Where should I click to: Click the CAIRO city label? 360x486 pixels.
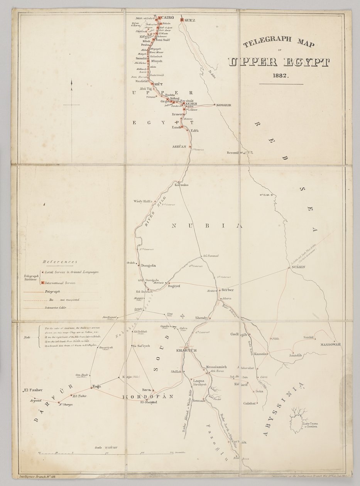tap(168, 18)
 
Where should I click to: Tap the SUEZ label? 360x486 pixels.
tap(190, 20)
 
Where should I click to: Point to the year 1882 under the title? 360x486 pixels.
tap(281, 76)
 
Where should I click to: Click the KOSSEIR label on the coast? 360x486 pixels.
tap(224, 105)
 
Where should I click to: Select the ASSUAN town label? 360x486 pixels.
tap(179, 147)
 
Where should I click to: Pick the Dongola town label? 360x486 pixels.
tap(148, 265)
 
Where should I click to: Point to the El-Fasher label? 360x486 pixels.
tap(32, 390)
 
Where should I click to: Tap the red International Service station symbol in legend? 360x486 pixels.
tap(42, 283)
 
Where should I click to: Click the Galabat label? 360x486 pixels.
tap(250, 403)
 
